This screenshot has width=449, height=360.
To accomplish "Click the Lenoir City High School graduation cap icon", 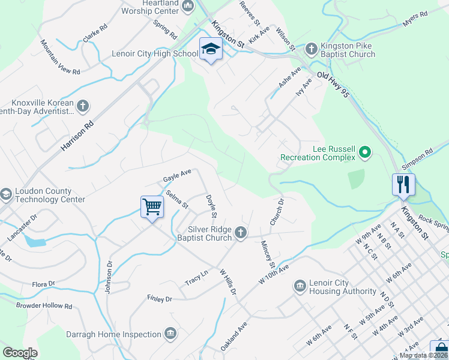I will (211, 49).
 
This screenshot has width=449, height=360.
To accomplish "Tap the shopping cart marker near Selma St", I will (152, 207).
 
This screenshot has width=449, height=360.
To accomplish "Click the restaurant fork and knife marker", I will (403, 184).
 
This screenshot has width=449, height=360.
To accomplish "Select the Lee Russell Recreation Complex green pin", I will (364, 154).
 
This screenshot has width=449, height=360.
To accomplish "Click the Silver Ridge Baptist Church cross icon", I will (241, 233).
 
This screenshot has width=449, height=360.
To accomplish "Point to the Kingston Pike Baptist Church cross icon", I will (311, 49).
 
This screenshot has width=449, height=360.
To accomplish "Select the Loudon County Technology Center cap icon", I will (5, 194).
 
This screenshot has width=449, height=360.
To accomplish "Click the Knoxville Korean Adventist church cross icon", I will (83, 107).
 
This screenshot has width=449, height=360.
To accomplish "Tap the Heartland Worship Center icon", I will (188, 7).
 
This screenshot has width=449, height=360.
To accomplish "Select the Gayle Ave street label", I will (177, 175).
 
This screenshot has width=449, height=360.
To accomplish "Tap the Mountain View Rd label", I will (59, 58).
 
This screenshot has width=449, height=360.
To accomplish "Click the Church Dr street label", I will (276, 212).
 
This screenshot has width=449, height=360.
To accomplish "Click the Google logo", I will (20, 353).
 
